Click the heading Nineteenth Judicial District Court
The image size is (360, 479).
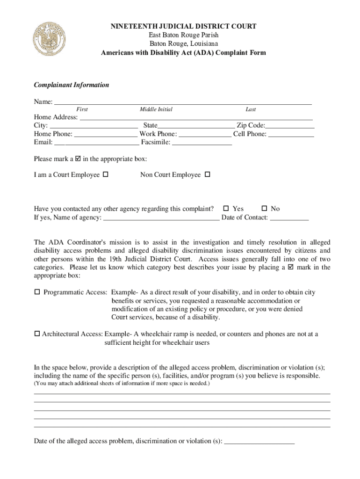click(183, 27)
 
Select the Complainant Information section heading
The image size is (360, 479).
click(72, 85)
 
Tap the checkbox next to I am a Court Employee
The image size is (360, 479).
click(105, 175)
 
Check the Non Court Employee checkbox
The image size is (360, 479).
click(208, 175)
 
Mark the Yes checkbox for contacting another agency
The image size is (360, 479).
click(226, 209)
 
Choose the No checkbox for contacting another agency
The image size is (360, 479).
click(264, 209)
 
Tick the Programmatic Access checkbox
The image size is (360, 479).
click(37, 292)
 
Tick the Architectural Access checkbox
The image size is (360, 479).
click(37, 334)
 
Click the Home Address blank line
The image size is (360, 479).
click(195, 118)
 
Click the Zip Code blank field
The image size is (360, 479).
click(290, 126)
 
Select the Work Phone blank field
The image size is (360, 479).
click(205, 134)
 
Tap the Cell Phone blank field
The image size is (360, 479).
click(291, 134)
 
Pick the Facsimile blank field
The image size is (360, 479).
click(202, 143)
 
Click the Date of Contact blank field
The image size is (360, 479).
click(289, 218)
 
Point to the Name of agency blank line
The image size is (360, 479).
click(161, 218)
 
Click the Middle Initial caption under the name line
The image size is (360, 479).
click(156, 109)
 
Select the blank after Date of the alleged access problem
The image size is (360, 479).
click(259, 441)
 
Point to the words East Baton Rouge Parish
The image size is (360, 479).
click(183, 36)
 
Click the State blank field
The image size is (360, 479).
click(196, 126)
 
